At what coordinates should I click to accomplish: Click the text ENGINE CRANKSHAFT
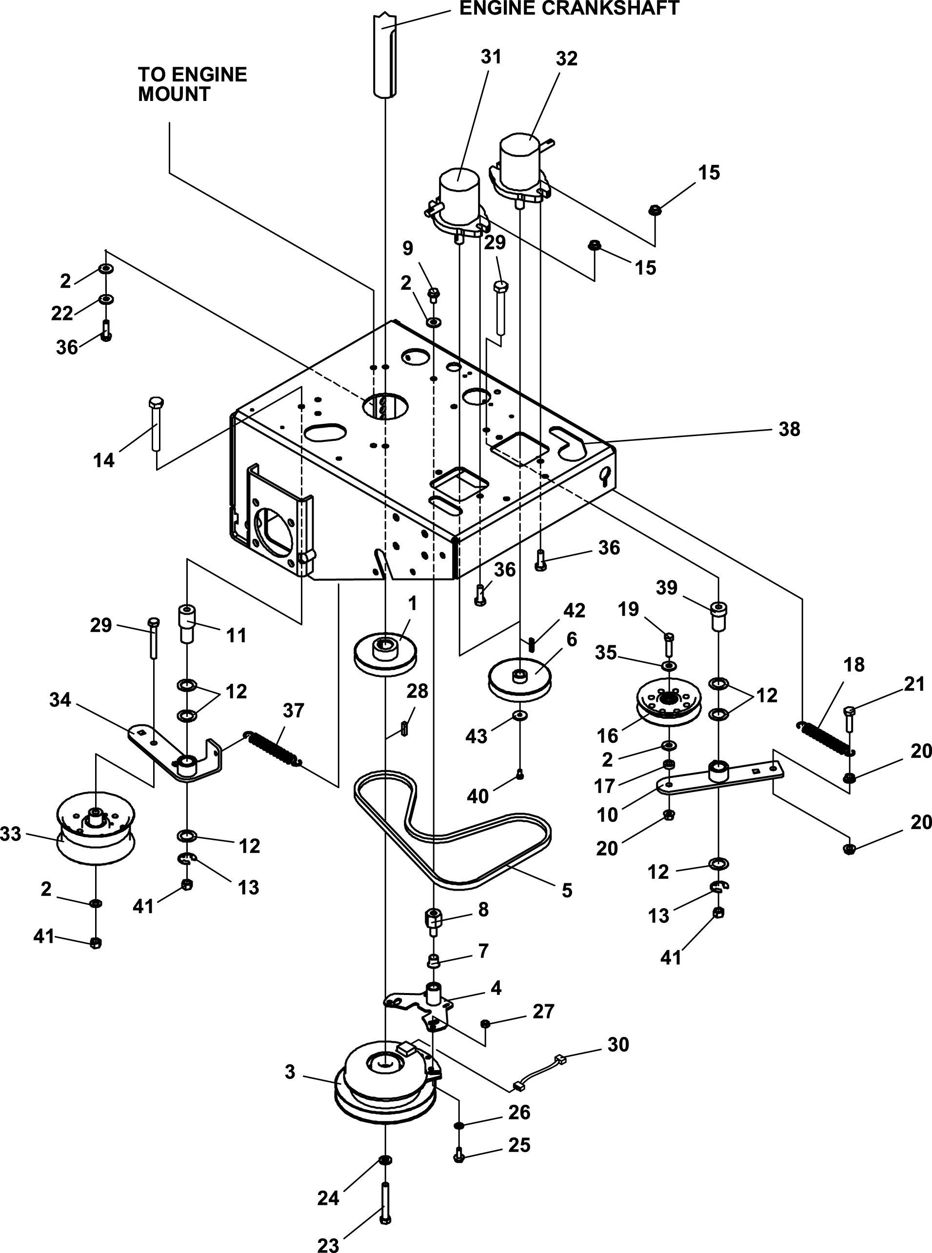click(x=569, y=8)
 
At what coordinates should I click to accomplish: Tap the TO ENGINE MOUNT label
click(x=192, y=84)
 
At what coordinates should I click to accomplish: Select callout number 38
click(x=789, y=429)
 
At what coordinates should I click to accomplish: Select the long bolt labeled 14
click(x=156, y=424)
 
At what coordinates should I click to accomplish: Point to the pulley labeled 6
click(x=519, y=682)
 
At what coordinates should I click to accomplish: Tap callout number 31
click(x=491, y=57)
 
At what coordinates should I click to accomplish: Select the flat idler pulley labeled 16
click(x=669, y=705)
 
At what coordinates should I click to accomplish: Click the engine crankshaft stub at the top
click(x=384, y=54)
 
